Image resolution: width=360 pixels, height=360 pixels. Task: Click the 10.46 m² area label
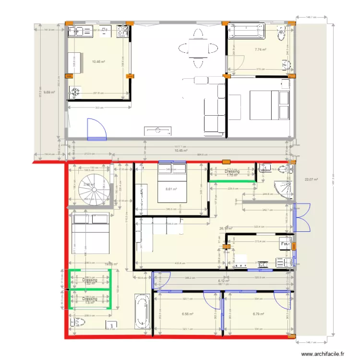click(x=98, y=61)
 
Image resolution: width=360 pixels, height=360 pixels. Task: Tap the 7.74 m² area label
click(x=261, y=49)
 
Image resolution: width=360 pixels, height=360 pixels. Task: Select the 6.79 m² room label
click(x=259, y=314)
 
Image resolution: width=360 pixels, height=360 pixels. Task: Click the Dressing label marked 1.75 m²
click(x=232, y=173)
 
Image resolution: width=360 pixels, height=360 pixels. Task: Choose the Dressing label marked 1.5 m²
click(x=89, y=300)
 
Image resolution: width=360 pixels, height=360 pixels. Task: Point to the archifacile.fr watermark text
click(x=323, y=354)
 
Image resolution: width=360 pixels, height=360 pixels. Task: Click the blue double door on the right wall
click(x=301, y=217)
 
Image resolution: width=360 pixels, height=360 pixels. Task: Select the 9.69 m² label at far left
click(x=49, y=92)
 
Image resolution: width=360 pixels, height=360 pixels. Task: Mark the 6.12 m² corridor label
click(x=222, y=281)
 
